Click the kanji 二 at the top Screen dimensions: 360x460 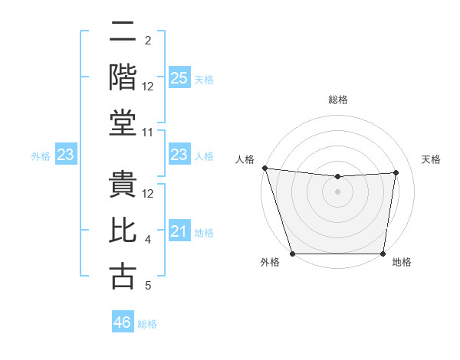pos(123,33)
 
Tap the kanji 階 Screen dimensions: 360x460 pos(123,77)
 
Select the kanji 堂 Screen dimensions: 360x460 pos(123,123)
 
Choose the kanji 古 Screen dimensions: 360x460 pos(123,276)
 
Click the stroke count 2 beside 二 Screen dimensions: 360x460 pos(148,40)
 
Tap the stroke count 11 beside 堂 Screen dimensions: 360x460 pos(148,133)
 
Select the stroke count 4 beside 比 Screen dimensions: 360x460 pos(148,240)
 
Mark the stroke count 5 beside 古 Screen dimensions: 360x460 pos(148,286)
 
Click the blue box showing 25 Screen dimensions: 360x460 pos(179,77)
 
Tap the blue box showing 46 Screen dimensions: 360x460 pos(123,322)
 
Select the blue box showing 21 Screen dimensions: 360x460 pos(179,231)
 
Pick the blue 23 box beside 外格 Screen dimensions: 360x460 pos(65,155)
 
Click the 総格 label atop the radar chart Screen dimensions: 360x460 pos(338,100)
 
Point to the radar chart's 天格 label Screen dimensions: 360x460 pos(432,159)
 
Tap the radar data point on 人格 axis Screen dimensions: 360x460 pos(264,168)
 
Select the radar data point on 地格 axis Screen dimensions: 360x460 pos(383,254)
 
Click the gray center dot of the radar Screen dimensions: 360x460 pos(338,191)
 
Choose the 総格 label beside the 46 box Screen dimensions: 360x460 pos(147,324)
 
